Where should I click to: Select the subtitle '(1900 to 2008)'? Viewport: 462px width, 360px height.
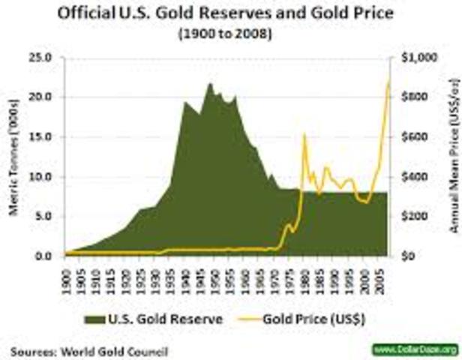coord(231,34)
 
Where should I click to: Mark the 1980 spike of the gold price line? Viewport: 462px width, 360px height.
coord(304,135)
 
